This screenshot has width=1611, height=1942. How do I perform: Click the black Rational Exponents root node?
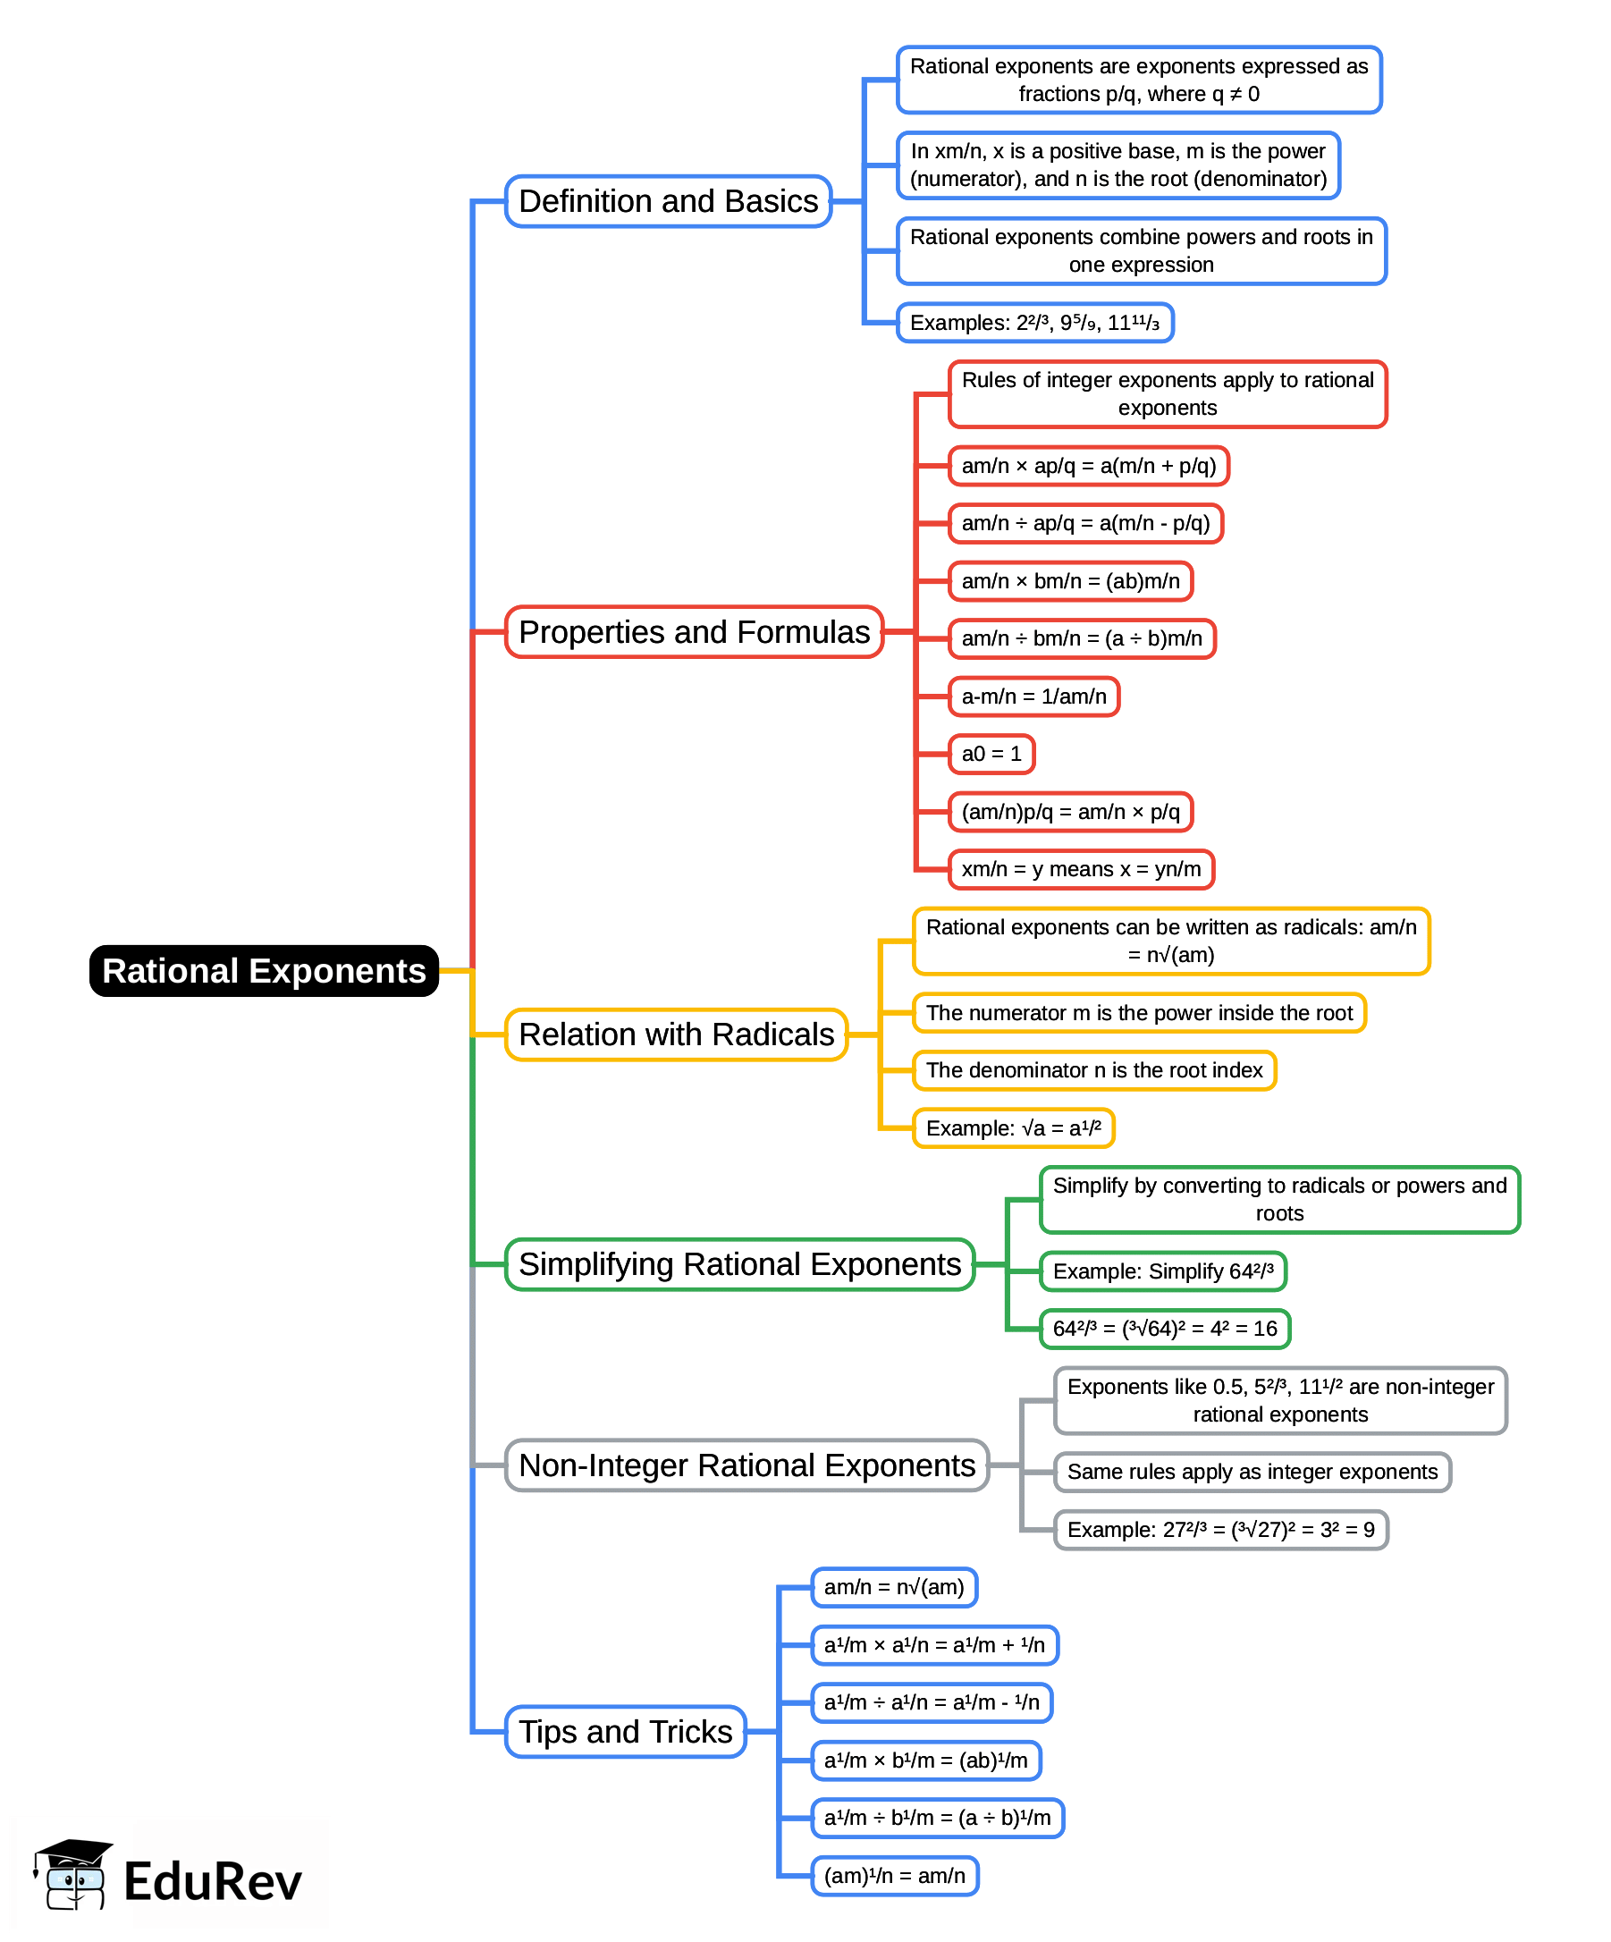[x=264, y=970]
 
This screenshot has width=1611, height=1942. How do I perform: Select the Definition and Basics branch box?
[x=668, y=200]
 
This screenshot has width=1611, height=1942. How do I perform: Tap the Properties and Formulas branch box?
[x=694, y=631]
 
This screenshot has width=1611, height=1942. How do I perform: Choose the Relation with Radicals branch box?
[x=676, y=1034]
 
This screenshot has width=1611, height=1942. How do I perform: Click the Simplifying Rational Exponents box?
[x=739, y=1264]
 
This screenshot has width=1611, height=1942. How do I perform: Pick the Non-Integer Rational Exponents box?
[x=746, y=1465]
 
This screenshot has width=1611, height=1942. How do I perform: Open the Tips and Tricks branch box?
[x=625, y=1731]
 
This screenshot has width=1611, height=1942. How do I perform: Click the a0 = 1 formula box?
[x=991, y=754]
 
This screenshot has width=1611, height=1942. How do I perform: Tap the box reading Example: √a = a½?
[x=1013, y=1128]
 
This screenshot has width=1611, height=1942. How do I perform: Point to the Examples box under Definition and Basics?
[x=1034, y=323]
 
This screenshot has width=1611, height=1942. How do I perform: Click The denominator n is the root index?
[x=1093, y=1070]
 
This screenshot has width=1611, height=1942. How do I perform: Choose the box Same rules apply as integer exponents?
[x=1252, y=1472]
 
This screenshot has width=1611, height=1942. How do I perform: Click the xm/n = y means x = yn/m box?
[x=1080, y=869]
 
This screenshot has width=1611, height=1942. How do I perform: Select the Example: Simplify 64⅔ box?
[x=1162, y=1271]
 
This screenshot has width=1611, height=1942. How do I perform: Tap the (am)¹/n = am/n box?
[x=893, y=1876]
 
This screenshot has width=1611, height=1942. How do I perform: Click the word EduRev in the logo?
[x=213, y=1881]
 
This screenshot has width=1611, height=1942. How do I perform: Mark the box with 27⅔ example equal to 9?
[x=1219, y=1530]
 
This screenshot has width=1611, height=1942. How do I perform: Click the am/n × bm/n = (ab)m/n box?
[x=1070, y=581]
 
